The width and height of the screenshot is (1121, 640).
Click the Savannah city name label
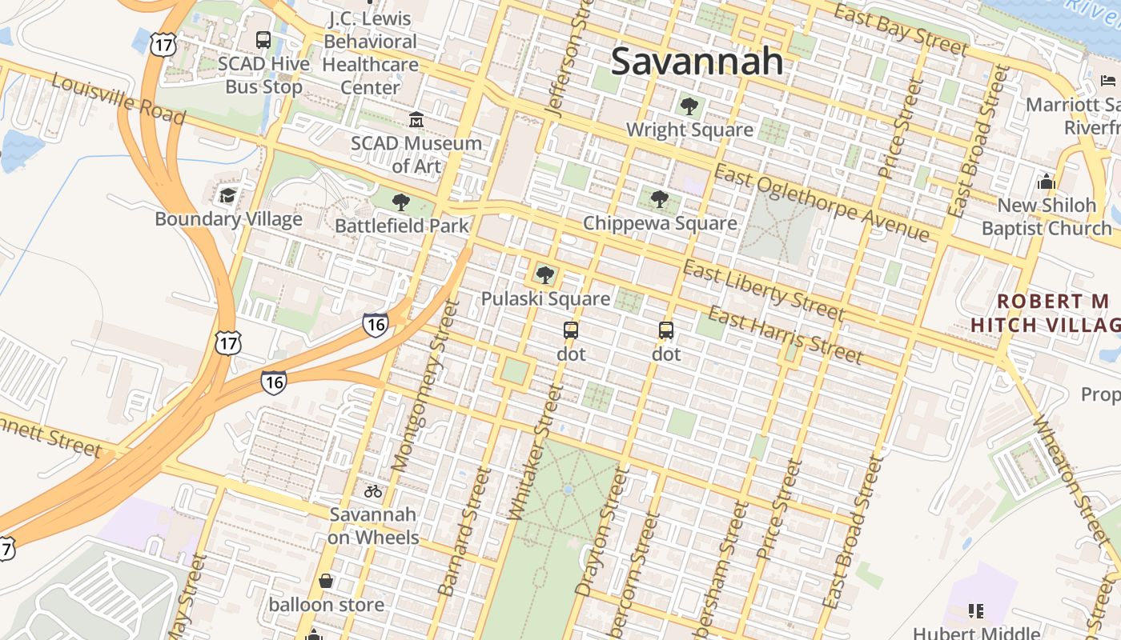coord(697,62)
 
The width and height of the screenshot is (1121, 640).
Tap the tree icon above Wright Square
coord(689,106)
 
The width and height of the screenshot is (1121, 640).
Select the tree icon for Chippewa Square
coord(659,198)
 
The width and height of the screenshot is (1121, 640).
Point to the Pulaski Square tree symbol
coord(545,275)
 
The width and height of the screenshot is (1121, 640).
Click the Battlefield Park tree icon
coord(401,202)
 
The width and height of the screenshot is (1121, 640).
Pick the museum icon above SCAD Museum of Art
coord(416,120)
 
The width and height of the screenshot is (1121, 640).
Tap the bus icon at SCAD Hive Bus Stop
coord(263,39)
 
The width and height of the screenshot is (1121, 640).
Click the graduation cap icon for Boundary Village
coord(228,195)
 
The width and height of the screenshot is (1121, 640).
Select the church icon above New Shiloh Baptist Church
coord(1047,182)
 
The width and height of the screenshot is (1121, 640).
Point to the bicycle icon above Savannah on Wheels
coord(373,491)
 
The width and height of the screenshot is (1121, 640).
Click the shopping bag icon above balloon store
coord(326,581)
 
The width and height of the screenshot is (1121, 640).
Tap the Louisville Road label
coord(119,99)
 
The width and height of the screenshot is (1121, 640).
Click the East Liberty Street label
coord(763,289)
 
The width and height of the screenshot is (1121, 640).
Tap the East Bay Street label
coord(901,29)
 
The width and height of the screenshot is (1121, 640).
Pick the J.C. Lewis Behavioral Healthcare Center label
coord(371,52)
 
